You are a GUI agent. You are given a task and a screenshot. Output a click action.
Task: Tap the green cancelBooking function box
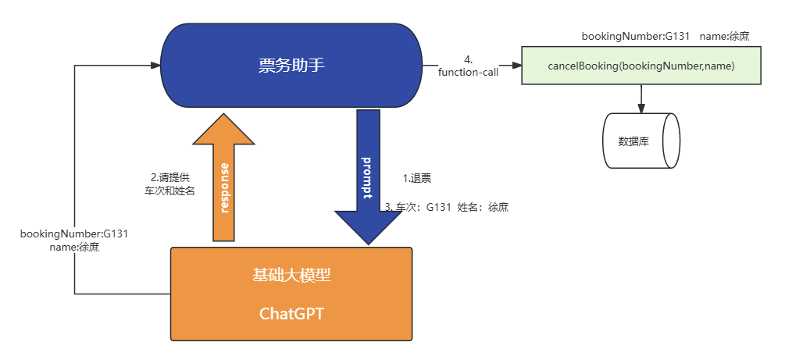click(x=640, y=66)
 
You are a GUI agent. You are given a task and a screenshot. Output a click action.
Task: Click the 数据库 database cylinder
click(x=640, y=141)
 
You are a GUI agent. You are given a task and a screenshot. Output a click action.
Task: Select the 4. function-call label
click(x=469, y=66)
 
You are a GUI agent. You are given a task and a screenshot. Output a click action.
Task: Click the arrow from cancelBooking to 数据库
click(x=641, y=98)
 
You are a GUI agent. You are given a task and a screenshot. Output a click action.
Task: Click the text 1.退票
click(x=417, y=179)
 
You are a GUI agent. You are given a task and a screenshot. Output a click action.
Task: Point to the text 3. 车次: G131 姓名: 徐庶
click(x=447, y=207)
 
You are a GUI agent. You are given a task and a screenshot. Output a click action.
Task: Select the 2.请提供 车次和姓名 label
click(x=169, y=184)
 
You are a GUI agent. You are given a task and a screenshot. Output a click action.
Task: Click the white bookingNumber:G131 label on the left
click(x=74, y=240)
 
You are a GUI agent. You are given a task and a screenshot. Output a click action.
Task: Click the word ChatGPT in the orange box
click(x=291, y=314)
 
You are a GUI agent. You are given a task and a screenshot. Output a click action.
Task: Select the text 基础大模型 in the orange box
click(x=291, y=275)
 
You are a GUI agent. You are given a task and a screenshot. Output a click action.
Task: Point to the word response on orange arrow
click(x=224, y=188)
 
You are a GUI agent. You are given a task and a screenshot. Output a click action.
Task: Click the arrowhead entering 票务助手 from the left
click(x=154, y=66)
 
